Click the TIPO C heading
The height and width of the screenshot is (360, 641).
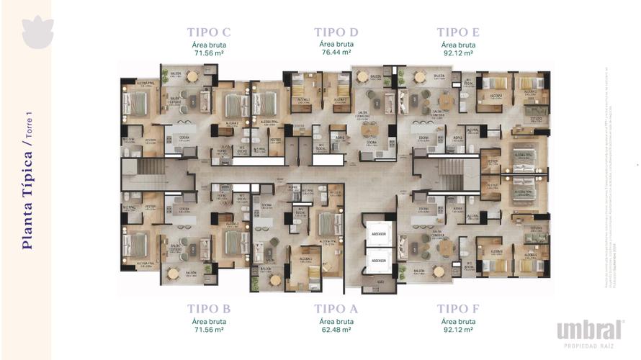pyautogui.click(x=208, y=32)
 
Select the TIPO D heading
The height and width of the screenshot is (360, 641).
pyautogui.click(x=336, y=32)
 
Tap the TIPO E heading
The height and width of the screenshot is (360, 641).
pyautogui.click(x=458, y=32)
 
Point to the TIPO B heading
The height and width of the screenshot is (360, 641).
pyautogui.click(x=208, y=308)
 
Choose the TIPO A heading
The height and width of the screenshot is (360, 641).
pyautogui.click(x=336, y=308)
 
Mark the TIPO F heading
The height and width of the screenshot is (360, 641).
pyautogui.click(x=458, y=308)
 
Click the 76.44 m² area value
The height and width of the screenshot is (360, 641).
pyautogui.click(x=336, y=53)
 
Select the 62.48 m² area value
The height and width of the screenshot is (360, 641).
pyautogui.click(x=336, y=329)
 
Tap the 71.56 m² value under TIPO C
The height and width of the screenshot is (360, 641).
pyautogui.click(x=208, y=53)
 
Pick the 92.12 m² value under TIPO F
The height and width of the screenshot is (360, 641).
pyautogui.click(x=458, y=329)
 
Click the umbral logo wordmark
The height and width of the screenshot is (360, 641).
pyautogui.click(x=589, y=330)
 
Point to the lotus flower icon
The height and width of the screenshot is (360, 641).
pyautogui.click(x=37, y=32)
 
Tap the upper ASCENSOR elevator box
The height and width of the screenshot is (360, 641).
pyautogui.click(x=377, y=234)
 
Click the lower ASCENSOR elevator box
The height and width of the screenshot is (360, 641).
pyautogui.click(x=377, y=260)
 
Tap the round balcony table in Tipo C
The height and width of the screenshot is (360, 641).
pyautogui.click(x=192, y=76)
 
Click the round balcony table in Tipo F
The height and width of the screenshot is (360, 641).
pyautogui.click(x=439, y=271)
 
